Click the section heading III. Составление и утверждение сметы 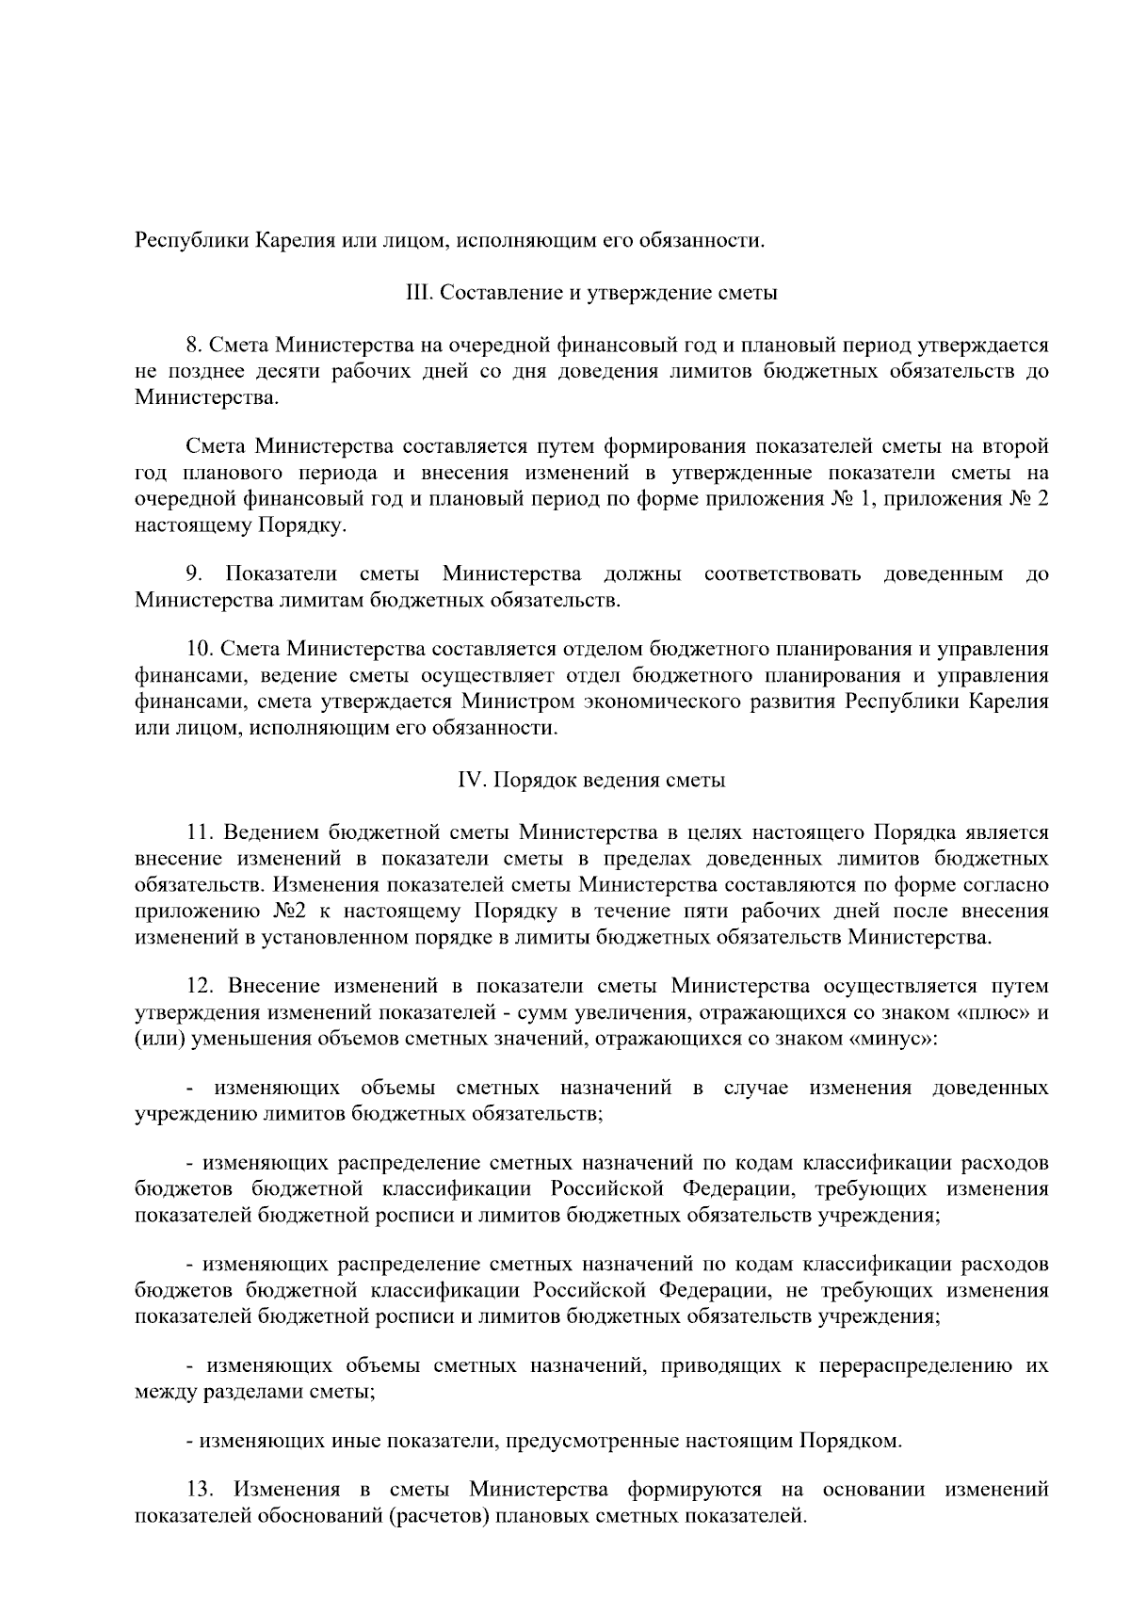coord(590,292)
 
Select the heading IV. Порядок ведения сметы coord(590,781)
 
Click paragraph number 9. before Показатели coord(194,574)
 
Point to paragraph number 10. coord(199,650)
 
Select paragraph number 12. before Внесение coord(201,986)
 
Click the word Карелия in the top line coord(292,240)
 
